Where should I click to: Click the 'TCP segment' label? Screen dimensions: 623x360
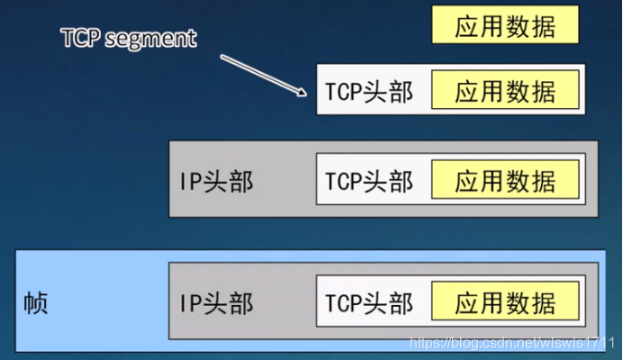coord(128,39)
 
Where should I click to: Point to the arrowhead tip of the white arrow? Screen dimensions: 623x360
coord(307,94)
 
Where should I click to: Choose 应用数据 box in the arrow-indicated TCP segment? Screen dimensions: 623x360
coord(505,91)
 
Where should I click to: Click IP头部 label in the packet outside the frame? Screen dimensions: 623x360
coord(216,181)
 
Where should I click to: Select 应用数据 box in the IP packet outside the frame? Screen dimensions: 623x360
coord(505,181)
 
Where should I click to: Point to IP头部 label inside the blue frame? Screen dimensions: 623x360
coord(216,302)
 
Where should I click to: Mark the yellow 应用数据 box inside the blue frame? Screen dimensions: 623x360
coord(505,302)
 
